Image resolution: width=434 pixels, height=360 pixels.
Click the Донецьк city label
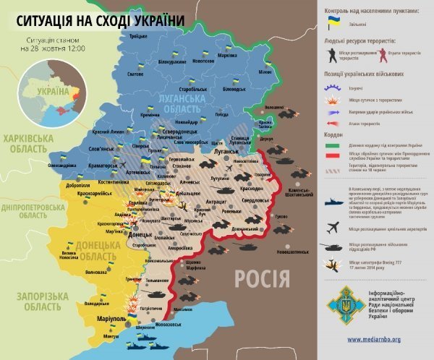(140, 236)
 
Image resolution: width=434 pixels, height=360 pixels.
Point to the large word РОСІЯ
(263, 278)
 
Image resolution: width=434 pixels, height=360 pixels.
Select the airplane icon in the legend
(333, 226)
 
